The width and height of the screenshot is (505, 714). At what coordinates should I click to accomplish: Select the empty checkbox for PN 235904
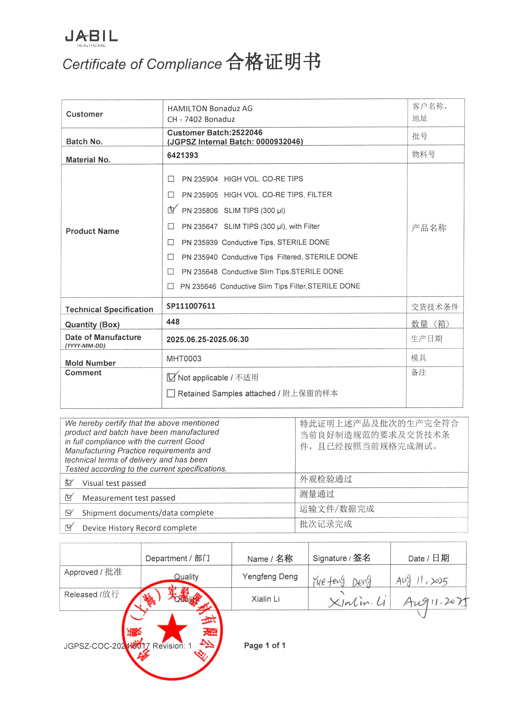pos(171,179)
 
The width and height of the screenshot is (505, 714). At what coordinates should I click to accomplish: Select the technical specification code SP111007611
pos(191,306)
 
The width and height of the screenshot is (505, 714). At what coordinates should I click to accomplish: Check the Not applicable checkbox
pos(171,377)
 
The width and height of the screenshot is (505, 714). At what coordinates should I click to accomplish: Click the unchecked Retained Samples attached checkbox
pos(171,393)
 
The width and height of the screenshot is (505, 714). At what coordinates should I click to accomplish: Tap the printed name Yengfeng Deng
pos(270,577)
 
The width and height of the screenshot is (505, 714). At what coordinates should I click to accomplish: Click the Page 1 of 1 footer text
pos(264,645)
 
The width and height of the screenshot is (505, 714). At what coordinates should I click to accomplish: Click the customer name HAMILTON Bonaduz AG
pos(210,108)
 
